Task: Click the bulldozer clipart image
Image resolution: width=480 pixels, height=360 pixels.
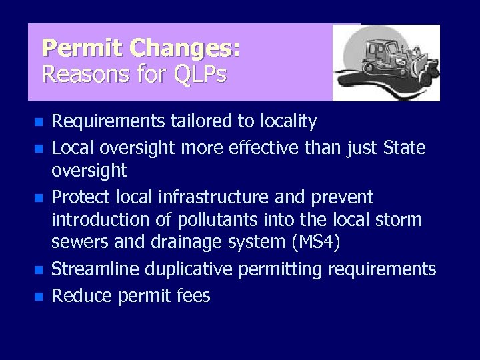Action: tap(387, 63)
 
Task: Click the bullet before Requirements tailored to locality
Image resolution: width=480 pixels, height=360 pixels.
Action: tap(39, 123)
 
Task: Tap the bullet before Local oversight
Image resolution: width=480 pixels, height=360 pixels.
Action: tap(39, 148)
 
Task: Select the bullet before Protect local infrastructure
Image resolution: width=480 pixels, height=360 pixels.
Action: tap(39, 198)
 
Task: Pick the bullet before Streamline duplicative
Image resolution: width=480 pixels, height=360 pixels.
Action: tap(39, 271)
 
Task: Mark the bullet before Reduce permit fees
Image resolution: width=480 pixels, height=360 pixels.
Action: tap(39, 296)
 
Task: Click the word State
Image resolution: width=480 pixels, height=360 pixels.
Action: tap(404, 147)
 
